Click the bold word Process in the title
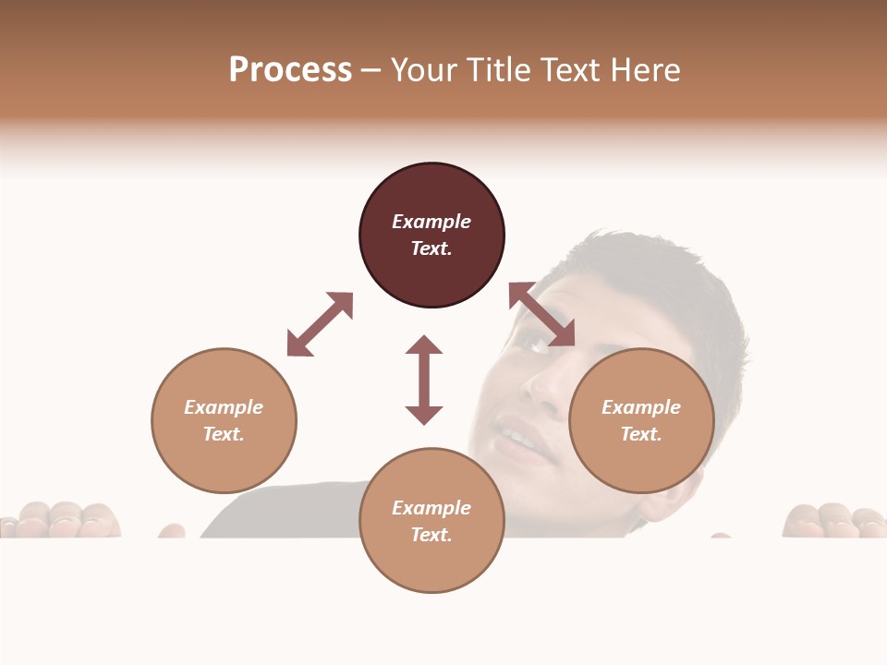(290, 70)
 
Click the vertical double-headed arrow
(424, 380)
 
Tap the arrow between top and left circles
(320, 325)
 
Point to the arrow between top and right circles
(541, 315)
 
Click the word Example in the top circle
(431, 222)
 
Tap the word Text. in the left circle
(224, 434)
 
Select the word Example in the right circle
(641, 407)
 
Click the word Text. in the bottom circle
(431, 535)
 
